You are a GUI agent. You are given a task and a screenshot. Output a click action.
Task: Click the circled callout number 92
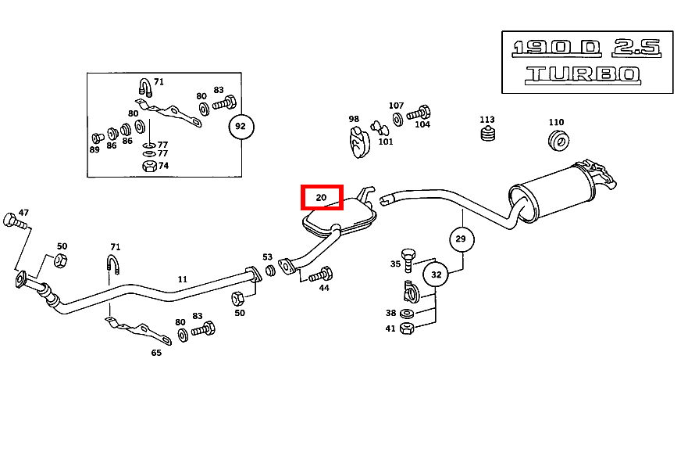241,126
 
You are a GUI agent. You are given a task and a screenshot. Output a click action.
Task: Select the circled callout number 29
461,239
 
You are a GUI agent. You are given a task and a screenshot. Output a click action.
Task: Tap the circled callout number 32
436,274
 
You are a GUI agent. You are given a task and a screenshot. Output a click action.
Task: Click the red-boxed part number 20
322,198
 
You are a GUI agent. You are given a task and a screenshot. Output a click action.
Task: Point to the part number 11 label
183,279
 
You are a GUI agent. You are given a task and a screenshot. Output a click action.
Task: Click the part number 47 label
23,212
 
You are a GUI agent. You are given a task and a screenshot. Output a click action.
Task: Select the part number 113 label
487,120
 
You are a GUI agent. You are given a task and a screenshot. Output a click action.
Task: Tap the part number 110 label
556,122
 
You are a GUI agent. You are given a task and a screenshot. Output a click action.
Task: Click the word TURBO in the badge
583,75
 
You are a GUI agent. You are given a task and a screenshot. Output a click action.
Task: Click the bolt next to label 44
321,275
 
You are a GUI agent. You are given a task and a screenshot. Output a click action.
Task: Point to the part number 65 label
156,353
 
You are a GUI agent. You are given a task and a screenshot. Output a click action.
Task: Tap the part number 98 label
354,120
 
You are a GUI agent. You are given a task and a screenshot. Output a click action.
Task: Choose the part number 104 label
422,124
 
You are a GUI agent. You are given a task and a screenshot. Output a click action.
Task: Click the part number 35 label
395,264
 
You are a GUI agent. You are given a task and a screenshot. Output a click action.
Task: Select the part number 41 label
390,328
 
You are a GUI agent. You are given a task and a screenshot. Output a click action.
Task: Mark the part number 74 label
163,166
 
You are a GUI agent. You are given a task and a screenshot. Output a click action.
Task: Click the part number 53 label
268,257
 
